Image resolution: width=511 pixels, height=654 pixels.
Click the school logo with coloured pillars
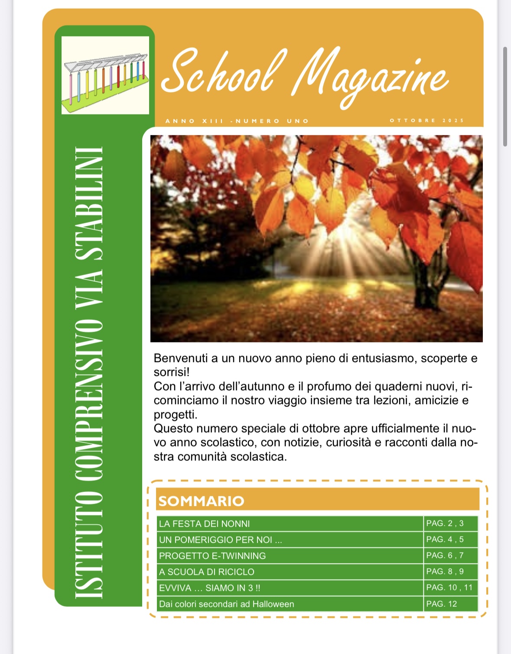point(105,75)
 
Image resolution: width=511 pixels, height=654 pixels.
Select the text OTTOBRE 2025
point(426,120)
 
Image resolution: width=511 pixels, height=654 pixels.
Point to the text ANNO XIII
point(194,121)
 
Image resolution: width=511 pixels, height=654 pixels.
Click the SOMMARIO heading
point(202,501)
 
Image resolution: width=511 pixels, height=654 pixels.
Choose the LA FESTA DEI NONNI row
point(205,524)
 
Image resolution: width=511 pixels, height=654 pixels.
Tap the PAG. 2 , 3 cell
point(445,523)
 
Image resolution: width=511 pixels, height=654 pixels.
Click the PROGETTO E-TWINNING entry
point(212,556)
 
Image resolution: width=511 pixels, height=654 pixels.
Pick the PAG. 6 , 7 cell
point(445,555)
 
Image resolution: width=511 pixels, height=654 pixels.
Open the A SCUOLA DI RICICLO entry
point(207,572)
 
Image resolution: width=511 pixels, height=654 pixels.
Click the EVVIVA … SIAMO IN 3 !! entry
point(210,588)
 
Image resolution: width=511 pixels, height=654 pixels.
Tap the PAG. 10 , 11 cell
point(449,587)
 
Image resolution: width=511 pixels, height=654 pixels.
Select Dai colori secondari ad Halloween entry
point(226,604)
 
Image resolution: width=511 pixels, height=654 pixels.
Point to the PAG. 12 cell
point(441,604)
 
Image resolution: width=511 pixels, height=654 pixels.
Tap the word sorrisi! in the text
point(172,372)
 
